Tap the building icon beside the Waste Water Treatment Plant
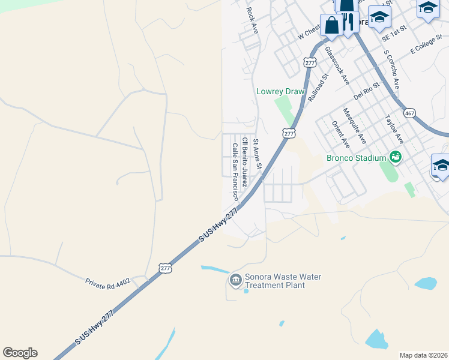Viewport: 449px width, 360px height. pos(235,280)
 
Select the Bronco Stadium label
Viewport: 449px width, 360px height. pos(355,158)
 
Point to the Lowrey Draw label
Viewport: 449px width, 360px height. pos(280,91)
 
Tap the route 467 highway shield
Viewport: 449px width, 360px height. pos(410,113)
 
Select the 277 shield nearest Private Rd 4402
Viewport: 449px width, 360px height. pos(166,268)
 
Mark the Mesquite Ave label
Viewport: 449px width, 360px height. pos(354,125)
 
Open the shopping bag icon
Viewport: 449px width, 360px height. pos(331,25)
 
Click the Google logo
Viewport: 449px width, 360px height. pos(20,353)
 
